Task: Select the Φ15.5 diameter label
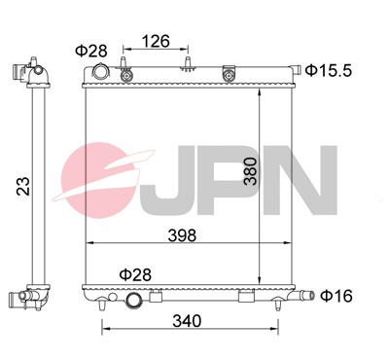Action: [x=326, y=69]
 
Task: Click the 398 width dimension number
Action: [x=182, y=234]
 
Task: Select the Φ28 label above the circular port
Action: [x=134, y=275]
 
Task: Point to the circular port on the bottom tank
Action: [x=134, y=302]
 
